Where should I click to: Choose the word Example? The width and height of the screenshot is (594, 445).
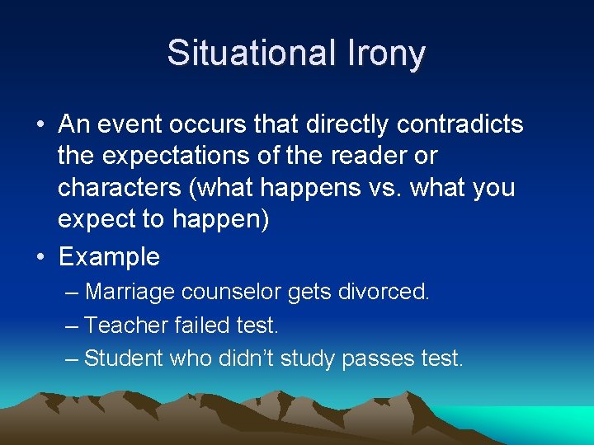pos(109,256)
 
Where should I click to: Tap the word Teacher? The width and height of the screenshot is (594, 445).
pos(126,326)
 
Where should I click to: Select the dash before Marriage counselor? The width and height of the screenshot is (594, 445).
pos(73,292)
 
